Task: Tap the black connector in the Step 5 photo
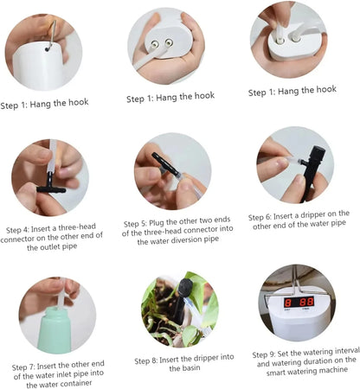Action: (x=165, y=165)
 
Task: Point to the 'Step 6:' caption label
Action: (x=265, y=217)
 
